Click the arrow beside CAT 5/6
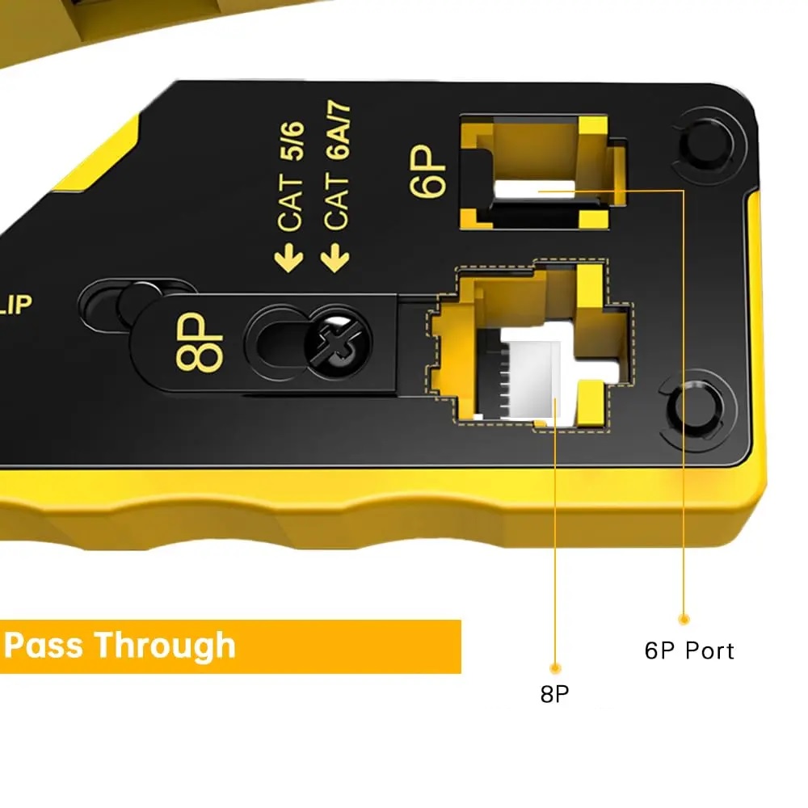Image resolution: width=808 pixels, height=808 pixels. click(x=289, y=259)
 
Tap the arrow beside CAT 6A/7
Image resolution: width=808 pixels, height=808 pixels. click(x=335, y=259)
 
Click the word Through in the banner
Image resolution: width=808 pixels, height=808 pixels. click(x=165, y=646)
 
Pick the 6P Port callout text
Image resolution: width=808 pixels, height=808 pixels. click(x=689, y=651)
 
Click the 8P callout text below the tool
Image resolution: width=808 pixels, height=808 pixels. click(x=554, y=693)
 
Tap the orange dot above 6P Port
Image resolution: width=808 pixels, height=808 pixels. click(x=684, y=619)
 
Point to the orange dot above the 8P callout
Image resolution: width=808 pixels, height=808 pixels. click(x=555, y=668)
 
